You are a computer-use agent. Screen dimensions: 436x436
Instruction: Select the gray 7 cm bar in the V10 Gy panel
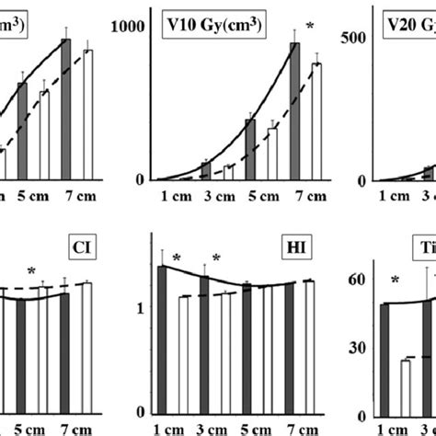[293, 110]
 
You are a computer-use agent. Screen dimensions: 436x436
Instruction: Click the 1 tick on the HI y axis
[137, 306]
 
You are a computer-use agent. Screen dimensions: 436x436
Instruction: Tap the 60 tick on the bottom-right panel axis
[362, 281]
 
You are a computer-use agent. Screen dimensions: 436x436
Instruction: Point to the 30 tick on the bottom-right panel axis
[362, 348]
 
